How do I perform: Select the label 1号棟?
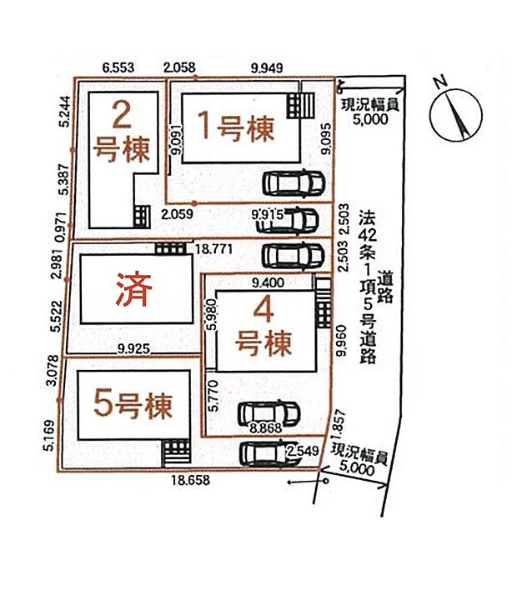(x=235, y=127)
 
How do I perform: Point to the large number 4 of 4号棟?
(x=264, y=312)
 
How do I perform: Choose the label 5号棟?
(x=133, y=406)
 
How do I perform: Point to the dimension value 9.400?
(x=267, y=282)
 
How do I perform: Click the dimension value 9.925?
(x=134, y=350)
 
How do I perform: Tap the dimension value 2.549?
(x=302, y=451)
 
